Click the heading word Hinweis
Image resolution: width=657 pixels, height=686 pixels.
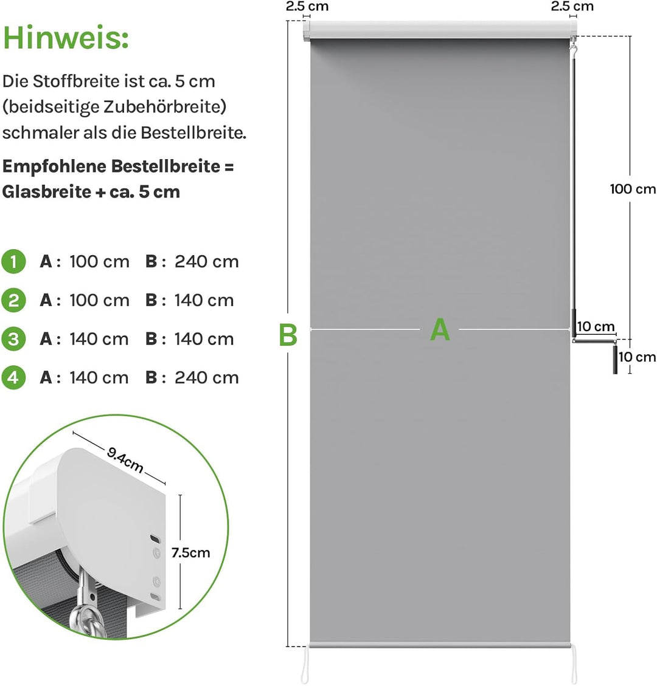click(x=66, y=38)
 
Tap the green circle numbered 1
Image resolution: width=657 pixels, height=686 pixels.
click(x=13, y=262)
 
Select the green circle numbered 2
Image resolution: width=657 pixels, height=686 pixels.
click(x=13, y=300)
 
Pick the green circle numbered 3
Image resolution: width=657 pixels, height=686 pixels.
click(x=13, y=338)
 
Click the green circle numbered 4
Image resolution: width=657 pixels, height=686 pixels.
click(x=13, y=377)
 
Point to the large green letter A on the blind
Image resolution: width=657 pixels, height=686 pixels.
click(x=440, y=329)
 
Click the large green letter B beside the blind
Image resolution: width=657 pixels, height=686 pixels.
click(x=288, y=335)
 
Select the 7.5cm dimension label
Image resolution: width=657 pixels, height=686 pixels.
click(x=190, y=552)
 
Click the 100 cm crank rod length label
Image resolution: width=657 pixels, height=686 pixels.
click(x=633, y=189)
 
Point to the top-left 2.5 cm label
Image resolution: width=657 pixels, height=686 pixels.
click(x=307, y=6)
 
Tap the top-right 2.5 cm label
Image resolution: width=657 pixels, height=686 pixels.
click(x=572, y=6)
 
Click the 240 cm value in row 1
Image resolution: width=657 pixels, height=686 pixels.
click(x=207, y=262)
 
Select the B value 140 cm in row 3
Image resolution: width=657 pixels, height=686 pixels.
click(x=204, y=338)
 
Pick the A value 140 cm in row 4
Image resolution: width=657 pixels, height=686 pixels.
click(x=99, y=377)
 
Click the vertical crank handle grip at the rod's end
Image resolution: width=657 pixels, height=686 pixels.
click(x=615, y=360)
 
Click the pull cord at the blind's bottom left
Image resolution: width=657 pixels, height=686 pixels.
click(x=305, y=665)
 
